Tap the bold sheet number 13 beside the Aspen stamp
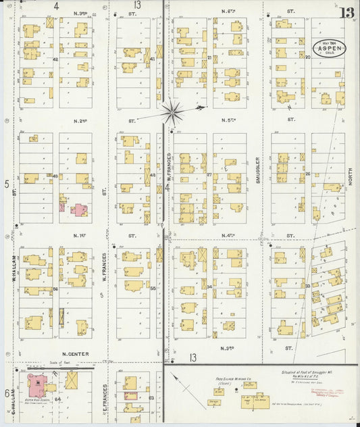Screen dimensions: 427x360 346,13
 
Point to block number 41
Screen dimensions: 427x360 153,59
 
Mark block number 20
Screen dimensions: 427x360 307,57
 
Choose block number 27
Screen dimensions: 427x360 209,175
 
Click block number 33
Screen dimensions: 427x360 307,286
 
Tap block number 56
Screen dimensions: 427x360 55,289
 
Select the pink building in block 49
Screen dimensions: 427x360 79,209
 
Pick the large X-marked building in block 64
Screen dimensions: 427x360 72,383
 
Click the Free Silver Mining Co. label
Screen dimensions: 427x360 233,380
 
